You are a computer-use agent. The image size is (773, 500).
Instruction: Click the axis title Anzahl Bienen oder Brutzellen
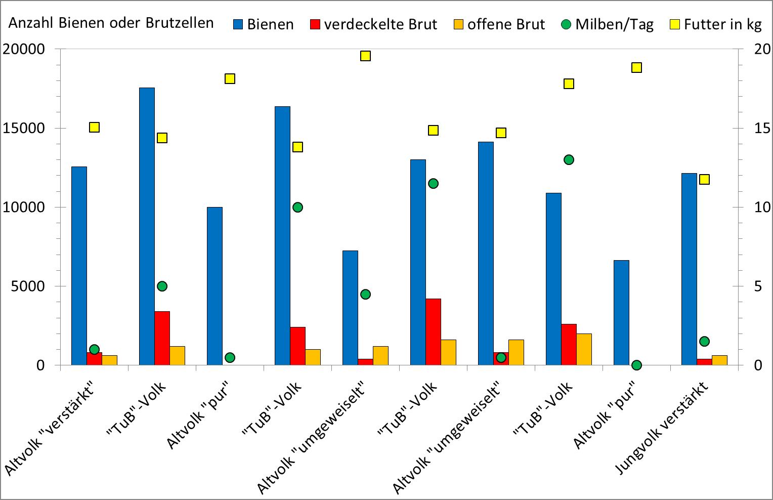point(111,23)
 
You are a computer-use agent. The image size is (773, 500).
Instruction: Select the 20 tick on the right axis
point(762,49)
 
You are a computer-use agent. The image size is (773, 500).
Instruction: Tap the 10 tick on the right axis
point(762,207)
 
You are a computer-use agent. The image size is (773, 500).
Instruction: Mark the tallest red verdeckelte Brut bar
point(433,331)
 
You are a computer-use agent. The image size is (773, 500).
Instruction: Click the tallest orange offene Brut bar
point(584,349)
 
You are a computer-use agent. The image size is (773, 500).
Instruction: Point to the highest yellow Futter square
point(366,56)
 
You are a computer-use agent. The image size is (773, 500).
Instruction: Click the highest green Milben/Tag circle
point(569,159)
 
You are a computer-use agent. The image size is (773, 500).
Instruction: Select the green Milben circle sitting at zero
point(636,365)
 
